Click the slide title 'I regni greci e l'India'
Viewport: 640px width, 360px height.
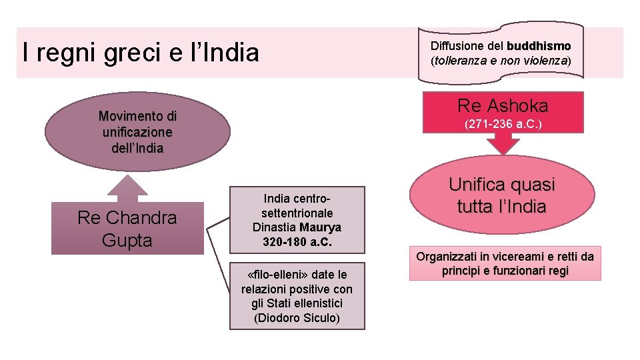click(140, 52)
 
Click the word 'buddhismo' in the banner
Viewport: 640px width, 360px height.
click(539, 47)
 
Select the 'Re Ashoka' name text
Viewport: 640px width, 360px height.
click(503, 105)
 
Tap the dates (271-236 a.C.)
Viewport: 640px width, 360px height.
click(503, 124)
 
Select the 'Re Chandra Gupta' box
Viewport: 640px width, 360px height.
click(127, 229)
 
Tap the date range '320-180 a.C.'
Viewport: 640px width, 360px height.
click(297, 241)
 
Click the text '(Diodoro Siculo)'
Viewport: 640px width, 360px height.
click(297, 317)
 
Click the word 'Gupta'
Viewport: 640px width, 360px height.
click(127, 240)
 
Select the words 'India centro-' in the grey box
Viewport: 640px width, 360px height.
click(297, 199)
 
